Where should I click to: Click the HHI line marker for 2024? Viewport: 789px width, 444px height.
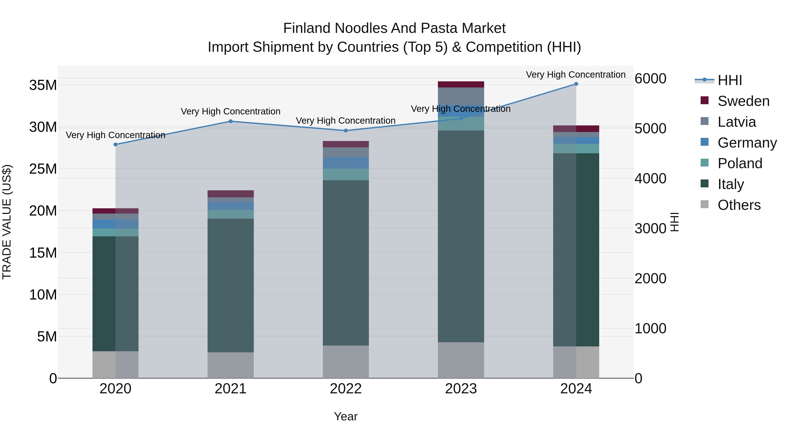576,84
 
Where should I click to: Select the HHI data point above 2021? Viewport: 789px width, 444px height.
231,121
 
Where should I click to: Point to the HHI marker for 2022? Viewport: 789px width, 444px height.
346,130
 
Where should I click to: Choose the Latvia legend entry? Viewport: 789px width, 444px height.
737,122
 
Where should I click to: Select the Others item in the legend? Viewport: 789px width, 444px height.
739,205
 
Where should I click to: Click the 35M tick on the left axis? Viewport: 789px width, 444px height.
43,85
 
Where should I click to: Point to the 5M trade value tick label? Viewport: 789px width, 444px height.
47,337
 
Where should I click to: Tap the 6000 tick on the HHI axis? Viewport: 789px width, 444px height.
650,79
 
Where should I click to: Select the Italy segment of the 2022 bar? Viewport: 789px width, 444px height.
346,263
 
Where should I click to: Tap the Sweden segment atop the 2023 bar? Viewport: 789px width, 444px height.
461,85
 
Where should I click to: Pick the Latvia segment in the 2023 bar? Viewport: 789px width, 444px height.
461,96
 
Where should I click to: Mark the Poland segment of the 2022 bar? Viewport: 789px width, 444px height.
346,174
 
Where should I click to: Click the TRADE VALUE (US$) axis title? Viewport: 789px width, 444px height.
7,222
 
